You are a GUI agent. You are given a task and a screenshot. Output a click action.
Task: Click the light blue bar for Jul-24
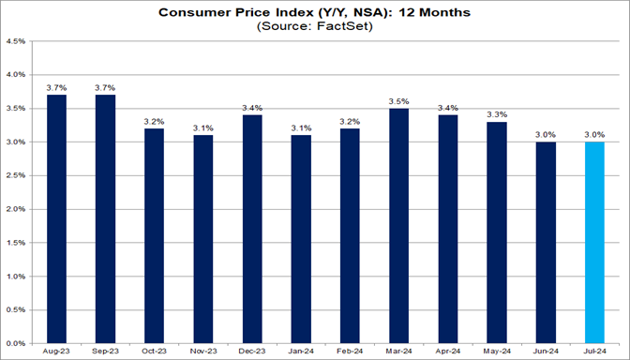coord(595,242)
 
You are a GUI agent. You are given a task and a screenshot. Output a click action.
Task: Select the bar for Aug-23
coord(56,218)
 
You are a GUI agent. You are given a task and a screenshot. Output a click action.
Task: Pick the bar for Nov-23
coord(203,239)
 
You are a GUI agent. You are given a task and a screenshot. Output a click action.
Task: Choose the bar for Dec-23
coord(252,229)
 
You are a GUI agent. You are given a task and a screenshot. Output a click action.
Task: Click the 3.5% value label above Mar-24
coord(399,99)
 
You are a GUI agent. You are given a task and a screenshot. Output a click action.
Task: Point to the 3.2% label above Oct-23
coord(155,120)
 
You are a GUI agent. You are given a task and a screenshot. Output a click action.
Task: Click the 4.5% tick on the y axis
coord(18,41)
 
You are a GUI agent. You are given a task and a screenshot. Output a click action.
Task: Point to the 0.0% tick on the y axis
coord(18,344)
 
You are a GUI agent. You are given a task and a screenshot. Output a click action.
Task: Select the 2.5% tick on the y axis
coord(18,176)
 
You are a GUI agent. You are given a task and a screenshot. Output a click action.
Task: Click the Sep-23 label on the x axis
coord(105,352)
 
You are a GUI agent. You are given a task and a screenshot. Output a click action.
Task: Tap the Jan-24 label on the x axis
coord(301,352)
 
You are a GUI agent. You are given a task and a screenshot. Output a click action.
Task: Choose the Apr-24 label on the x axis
coord(448,352)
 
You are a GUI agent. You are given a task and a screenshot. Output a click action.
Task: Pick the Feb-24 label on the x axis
coord(351,352)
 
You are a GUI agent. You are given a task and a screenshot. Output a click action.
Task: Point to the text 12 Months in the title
coord(442,13)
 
